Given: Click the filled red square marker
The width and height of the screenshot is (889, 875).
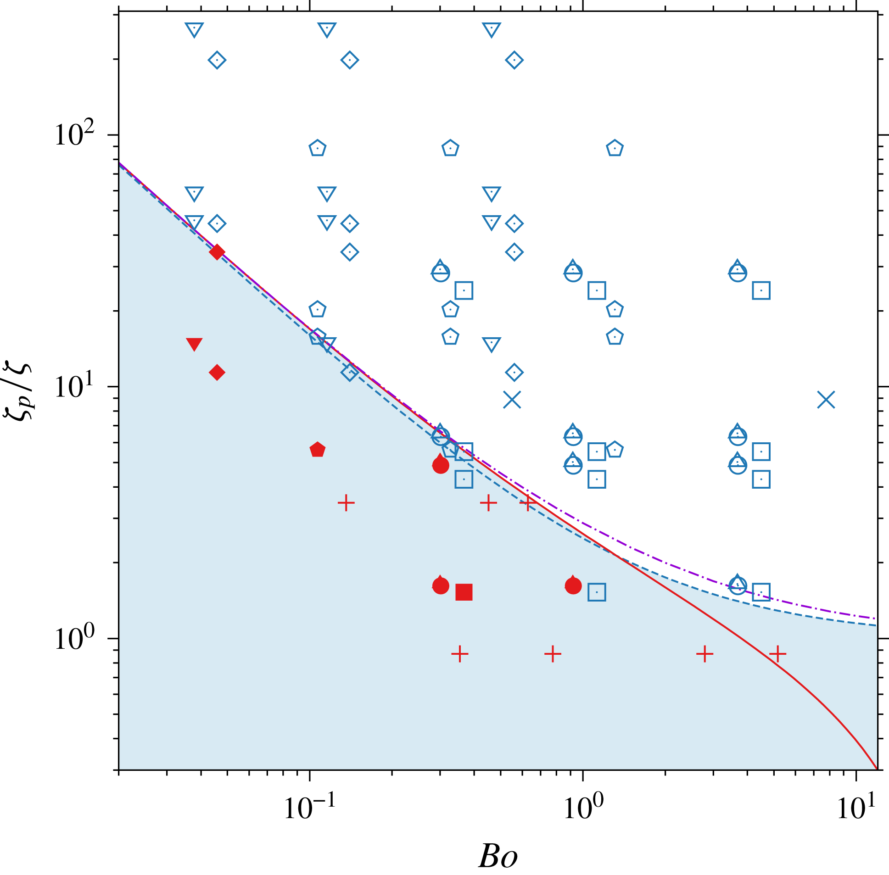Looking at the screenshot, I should coord(464,592).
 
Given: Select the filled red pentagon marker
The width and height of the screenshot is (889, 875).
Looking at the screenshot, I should coord(318,450).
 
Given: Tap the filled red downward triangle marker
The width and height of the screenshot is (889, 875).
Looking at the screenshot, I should coord(195,344).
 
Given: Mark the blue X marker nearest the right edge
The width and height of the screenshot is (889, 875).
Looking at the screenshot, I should coord(826,400).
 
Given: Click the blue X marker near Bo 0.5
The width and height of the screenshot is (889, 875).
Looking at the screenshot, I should coord(512,400).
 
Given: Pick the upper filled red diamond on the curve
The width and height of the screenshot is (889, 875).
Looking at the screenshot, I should coord(217,252).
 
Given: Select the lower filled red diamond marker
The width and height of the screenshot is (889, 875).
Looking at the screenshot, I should coord(217,372).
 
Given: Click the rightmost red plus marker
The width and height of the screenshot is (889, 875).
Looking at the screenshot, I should coord(777,653).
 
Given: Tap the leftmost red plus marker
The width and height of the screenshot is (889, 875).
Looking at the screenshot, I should coord(346,503).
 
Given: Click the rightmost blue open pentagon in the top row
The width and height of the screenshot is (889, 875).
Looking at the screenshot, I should coord(615,149).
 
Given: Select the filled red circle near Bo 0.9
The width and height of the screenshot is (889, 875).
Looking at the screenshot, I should coord(573,586).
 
